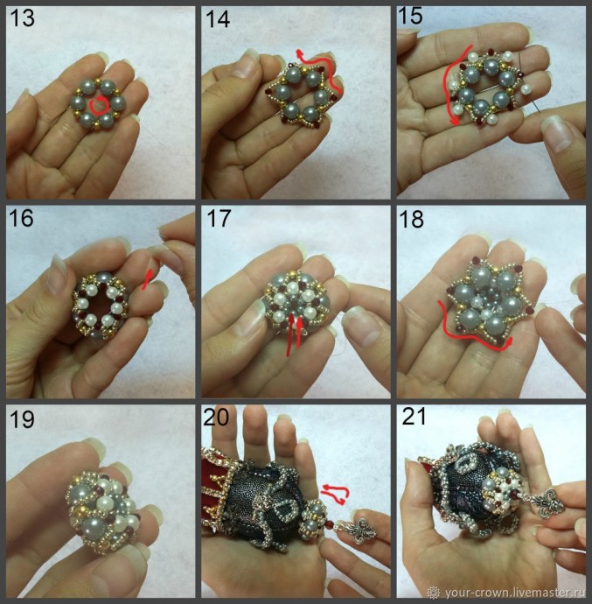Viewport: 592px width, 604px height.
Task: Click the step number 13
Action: click(x=23, y=18)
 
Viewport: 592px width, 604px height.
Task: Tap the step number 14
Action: click(x=218, y=19)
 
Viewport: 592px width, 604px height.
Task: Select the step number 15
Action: click(x=410, y=16)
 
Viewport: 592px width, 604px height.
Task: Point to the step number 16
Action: click(x=22, y=218)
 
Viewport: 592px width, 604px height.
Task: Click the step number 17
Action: click(x=219, y=219)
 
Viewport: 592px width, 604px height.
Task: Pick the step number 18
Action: click(x=411, y=220)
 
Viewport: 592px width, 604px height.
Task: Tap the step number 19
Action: click(x=23, y=419)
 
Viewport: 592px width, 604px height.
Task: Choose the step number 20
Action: click(x=216, y=417)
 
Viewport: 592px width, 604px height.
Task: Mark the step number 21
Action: click(x=414, y=416)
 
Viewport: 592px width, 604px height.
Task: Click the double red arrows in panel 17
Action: click(x=294, y=334)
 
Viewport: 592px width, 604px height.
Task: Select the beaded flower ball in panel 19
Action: click(x=103, y=509)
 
